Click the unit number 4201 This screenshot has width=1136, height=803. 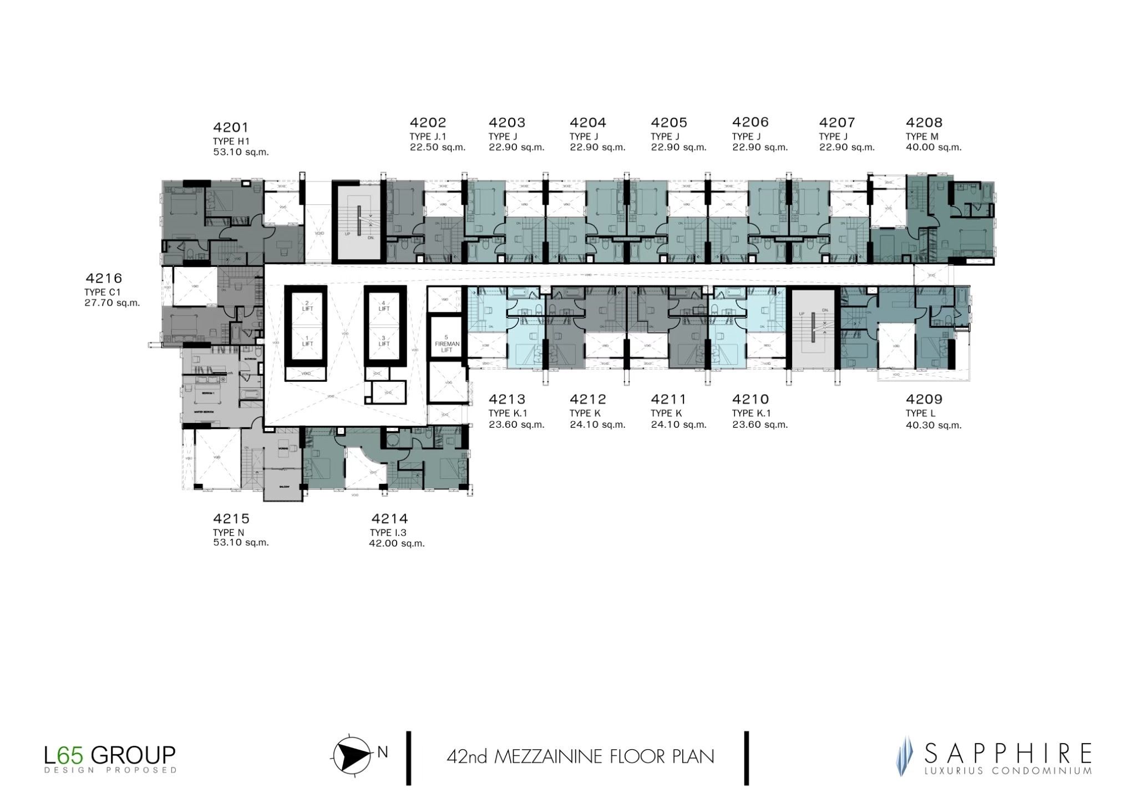pos(231,128)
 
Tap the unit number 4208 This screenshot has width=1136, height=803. pos(924,123)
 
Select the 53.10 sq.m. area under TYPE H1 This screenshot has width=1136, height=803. pos(241,152)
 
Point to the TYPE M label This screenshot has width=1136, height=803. pos(922,137)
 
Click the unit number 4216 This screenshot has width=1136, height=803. pos(104,278)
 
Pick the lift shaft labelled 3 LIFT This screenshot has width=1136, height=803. pos(384,341)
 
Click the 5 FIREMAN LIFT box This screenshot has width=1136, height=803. pos(447,343)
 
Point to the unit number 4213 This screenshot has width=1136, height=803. pos(506,400)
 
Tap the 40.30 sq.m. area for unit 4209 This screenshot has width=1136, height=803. pos(934,426)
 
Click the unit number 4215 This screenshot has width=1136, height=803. pos(231,519)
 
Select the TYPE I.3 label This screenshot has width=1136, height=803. pos(388,533)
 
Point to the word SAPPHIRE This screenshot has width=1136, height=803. pos(1007,754)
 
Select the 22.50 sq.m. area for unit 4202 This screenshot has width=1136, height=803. pos(438,148)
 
